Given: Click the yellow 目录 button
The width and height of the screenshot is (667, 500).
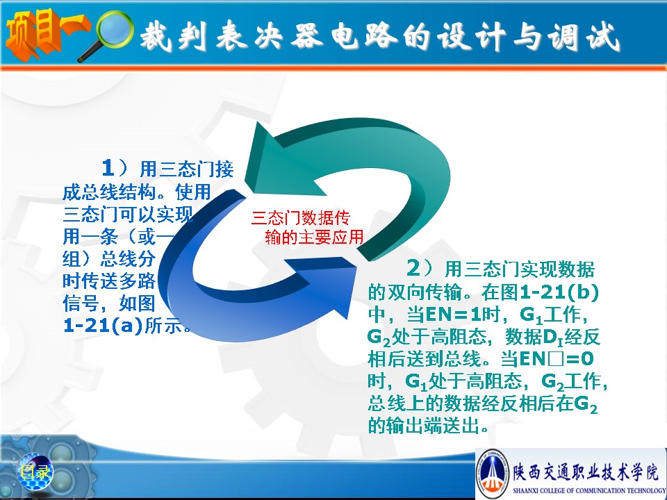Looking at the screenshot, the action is pos(35,472).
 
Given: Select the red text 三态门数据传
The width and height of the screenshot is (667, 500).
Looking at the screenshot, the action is pos(300,217).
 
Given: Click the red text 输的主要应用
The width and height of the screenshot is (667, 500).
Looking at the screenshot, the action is pos(314,237).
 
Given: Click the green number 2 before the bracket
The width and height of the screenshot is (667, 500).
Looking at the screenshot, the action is pos(413,268).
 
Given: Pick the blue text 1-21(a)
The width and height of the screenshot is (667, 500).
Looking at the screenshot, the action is pos(103,326).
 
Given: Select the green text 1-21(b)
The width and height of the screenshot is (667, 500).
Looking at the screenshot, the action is pos(559,292).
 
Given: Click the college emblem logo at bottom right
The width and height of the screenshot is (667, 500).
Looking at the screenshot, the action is pos(492,473).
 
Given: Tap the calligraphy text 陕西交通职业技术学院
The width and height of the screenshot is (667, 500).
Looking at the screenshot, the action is pos(585,471).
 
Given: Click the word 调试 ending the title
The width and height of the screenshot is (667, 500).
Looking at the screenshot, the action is pos(584,35).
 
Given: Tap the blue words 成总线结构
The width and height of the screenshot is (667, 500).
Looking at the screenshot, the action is pos(109,192).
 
